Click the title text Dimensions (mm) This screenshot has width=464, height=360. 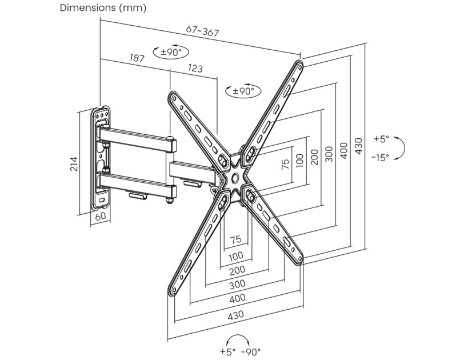coord(103,8)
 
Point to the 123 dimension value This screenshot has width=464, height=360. coord(195,69)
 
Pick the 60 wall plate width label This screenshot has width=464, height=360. coord(99,216)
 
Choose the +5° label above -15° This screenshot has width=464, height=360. coord(381,139)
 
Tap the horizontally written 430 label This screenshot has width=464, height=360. coord(236,314)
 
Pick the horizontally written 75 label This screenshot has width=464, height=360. coord(236,239)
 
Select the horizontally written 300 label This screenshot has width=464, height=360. coord(236,283)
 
